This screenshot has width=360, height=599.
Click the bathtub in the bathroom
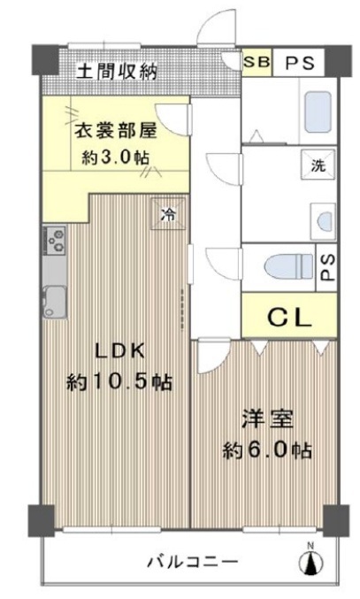[x=318, y=111]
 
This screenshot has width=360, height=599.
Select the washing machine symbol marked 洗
[x=318, y=165]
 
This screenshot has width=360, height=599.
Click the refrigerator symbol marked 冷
[x=168, y=214]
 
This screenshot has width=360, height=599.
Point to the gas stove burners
[x=56, y=241]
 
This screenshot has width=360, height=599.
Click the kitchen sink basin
[x=55, y=302]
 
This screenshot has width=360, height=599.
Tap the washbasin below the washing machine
[x=324, y=222]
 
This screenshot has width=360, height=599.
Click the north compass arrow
[x=311, y=562]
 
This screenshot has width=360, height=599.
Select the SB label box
[x=257, y=62]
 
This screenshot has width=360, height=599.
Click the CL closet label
[x=289, y=317]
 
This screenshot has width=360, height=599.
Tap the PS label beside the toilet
[x=326, y=267]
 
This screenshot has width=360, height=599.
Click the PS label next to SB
[x=300, y=63]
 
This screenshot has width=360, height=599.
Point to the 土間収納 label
[x=117, y=71]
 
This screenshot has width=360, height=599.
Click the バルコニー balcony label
[x=193, y=562]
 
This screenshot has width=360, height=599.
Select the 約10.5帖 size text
[x=119, y=381]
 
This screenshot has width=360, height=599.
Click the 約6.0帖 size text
[x=267, y=450]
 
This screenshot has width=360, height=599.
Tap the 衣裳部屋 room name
[x=115, y=131]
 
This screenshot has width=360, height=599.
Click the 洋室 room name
[x=267, y=419]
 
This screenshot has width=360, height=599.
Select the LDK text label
[x=119, y=351]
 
